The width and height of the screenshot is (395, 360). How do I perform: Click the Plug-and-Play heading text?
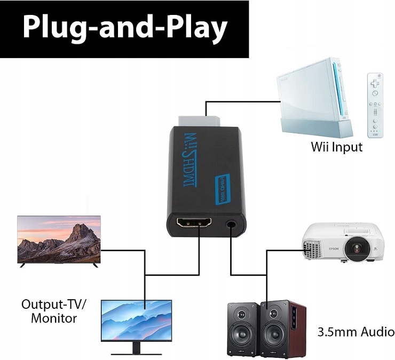point(124,28)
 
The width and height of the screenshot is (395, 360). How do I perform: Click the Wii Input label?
point(336,147)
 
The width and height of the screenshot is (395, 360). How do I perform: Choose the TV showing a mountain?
point(59,240)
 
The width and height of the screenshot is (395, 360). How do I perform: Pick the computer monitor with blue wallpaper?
point(137,319)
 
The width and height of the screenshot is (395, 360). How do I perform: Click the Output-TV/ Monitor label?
point(54,311)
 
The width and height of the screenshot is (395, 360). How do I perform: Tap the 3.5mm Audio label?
point(355,332)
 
